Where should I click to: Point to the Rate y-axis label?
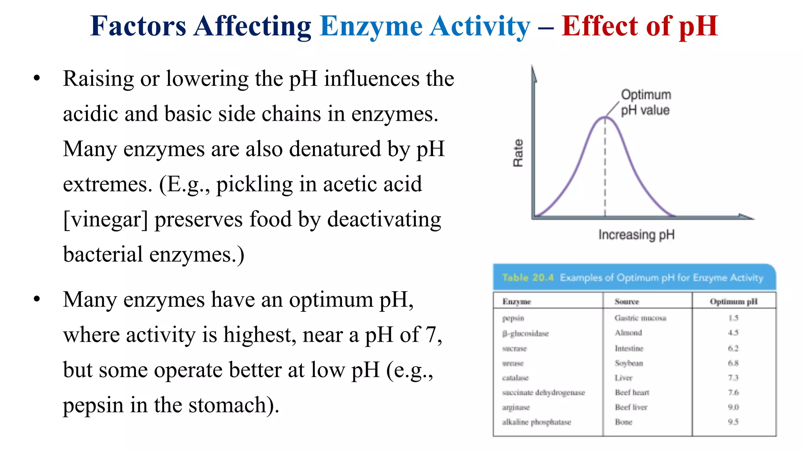point(518,153)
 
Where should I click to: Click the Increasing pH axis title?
point(636,235)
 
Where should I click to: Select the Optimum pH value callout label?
point(646,102)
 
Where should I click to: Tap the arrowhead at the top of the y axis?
point(534,73)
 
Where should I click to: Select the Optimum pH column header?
point(733,301)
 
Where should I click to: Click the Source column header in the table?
point(627,301)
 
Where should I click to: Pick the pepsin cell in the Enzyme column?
point(513,318)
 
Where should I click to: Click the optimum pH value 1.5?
point(733,318)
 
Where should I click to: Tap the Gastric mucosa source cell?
point(640,318)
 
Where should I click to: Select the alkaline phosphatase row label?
point(536,422)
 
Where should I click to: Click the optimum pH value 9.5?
point(733,422)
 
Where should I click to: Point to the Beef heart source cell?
point(632,392)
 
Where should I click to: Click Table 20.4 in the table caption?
point(528,278)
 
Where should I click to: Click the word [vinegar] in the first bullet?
point(106,220)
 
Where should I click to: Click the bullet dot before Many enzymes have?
point(37,299)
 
